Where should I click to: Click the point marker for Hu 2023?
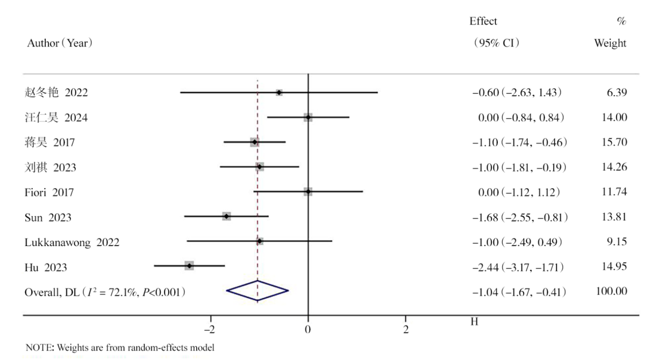click(x=189, y=265)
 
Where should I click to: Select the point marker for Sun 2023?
click(x=226, y=216)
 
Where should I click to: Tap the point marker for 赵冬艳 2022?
click(x=278, y=92)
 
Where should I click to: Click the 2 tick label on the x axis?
click(x=405, y=328)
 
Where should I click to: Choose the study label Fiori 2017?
click(x=49, y=192)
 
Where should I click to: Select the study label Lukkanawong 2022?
click(x=72, y=241)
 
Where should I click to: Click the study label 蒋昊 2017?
click(x=49, y=142)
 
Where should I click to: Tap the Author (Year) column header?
click(x=60, y=44)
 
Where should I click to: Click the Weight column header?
click(x=610, y=44)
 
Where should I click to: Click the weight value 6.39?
click(x=616, y=92)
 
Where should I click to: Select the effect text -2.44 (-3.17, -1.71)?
click(x=519, y=266)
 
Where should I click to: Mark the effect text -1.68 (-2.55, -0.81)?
click(x=519, y=217)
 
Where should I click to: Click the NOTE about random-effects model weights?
click(x=119, y=347)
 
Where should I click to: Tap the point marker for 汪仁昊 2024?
click(x=308, y=117)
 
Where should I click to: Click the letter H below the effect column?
click(x=474, y=321)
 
